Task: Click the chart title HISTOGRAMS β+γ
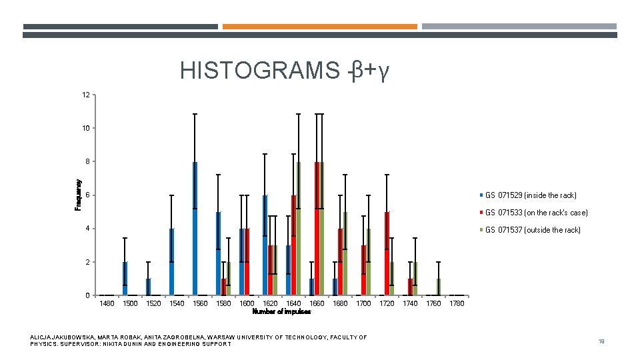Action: [x=284, y=70]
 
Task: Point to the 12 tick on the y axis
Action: [x=86, y=95]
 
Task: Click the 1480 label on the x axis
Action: [x=107, y=304]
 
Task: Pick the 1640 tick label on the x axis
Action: [x=293, y=304]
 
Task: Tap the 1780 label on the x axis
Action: [x=457, y=304]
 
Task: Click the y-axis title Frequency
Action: [x=78, y=195]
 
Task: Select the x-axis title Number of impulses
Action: [x=281, y=311]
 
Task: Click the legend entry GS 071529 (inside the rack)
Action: [x=531, y=195]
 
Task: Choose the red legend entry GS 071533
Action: [x=536, y=213]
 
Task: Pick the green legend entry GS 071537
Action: [x=533, y=230]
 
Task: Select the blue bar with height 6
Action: [x=265, y=245]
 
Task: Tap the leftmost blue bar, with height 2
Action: [x=125, y=279]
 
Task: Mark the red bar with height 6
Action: [x=293, y=245]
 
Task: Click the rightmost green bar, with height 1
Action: [x=438, y=287]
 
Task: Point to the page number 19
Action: [x=601, y=341]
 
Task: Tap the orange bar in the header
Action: [x=319, y=27]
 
